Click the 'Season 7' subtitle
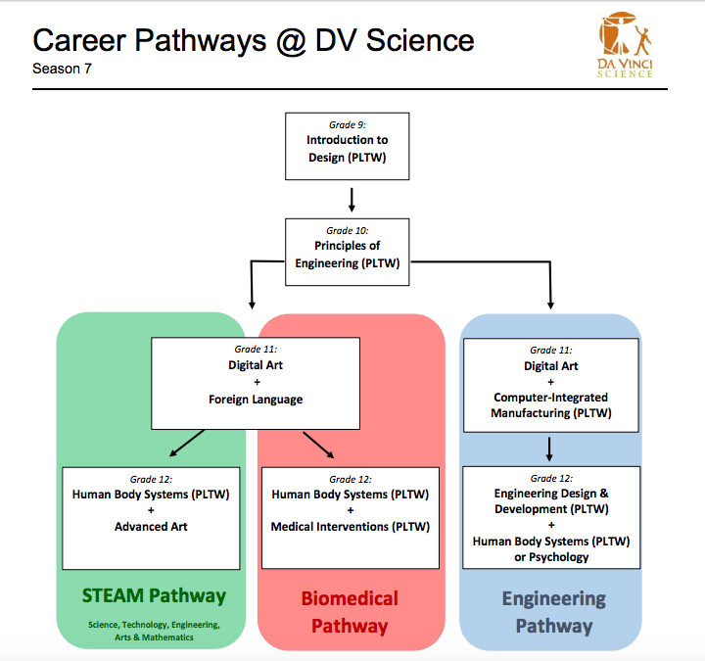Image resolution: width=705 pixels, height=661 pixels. click(x=64, y=70)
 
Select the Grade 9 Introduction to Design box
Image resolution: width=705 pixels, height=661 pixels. click(x=347, y=146)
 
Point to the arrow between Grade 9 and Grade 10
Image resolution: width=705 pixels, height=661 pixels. click(x=351, y=199)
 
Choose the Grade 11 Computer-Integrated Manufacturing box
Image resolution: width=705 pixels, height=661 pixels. click(x=550, y=384)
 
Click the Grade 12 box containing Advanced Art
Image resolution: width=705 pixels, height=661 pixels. click(x=151, y=518)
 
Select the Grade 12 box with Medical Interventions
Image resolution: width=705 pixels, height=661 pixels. click(x=351, y=518)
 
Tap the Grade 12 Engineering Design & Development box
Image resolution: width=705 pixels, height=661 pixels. click(x=550, y=517)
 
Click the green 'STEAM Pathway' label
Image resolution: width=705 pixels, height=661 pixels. click(x=153, y=595)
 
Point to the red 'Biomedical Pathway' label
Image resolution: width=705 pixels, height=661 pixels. click(x=350, y=612)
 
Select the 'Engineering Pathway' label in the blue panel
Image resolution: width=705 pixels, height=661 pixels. click(x=553, y=612)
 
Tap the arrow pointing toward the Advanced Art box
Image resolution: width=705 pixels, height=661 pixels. click(x=187, y=443)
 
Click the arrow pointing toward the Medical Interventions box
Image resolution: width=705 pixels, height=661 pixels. click(x=318, y=443)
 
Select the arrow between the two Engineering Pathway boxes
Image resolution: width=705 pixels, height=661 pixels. click(x=550, y=449)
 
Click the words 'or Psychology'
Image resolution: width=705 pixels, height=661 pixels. click(x=550, y=557)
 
